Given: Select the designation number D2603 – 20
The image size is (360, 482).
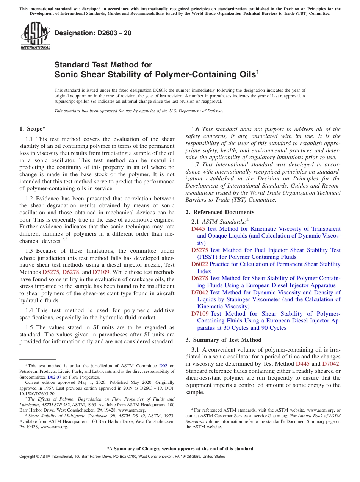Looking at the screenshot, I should pos(93,33).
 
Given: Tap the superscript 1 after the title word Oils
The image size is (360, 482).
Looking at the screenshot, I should pos(258,71).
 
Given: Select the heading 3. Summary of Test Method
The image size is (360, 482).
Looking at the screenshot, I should pos(223,340).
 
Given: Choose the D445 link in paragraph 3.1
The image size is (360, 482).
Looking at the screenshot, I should pos(302,364).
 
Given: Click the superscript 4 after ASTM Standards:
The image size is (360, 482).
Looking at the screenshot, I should pos(247,219).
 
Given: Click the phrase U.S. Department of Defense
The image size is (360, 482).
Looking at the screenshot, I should pos(198,111).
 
